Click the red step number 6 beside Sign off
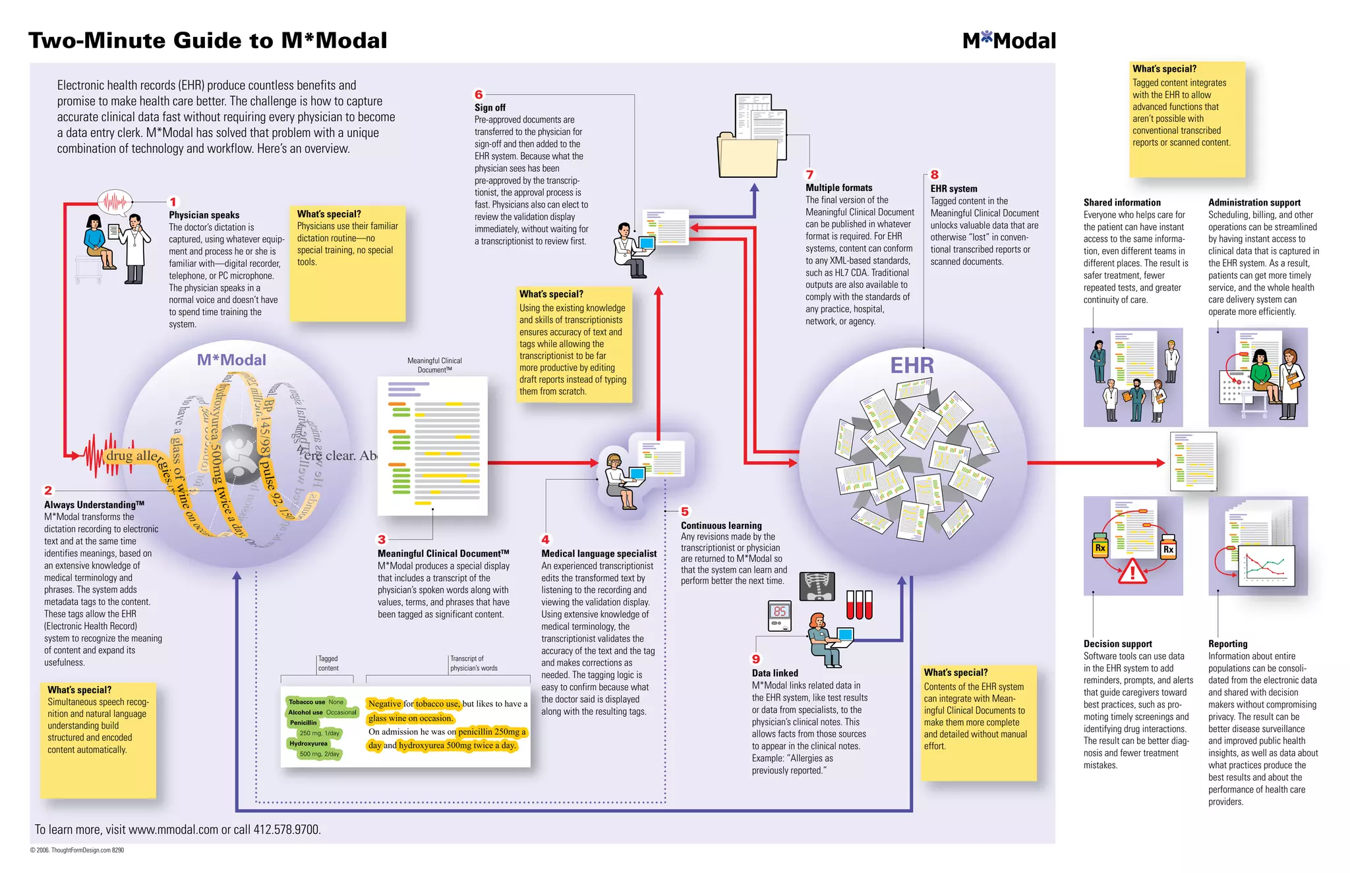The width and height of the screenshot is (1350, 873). click(x=479, y=95)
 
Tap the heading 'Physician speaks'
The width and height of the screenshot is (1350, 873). click(x=204, y=215)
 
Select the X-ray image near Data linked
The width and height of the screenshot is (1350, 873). click(x=817, y=586)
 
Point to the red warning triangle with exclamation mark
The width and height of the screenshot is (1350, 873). click(x=1132, y=572)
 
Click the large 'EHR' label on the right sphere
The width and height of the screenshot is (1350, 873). click(x=912, y=365)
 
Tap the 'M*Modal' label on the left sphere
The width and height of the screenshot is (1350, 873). click(x=231, y=360)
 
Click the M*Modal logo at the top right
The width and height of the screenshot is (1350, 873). click(x=1009, y=41)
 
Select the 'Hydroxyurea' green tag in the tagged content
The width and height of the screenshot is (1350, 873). click(x=308, y=743)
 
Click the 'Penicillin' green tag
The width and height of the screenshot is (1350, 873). click(x=303, y=723)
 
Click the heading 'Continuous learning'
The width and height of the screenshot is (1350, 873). click(x=721, y=525)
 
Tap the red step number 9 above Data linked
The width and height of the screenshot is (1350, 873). click(x=756, y=659)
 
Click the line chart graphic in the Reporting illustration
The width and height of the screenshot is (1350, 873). click(x=1268, y=565)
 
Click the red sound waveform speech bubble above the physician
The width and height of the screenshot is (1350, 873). click(x=115, y=202)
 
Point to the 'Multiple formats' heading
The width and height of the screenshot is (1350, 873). click(x=838, y=188)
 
